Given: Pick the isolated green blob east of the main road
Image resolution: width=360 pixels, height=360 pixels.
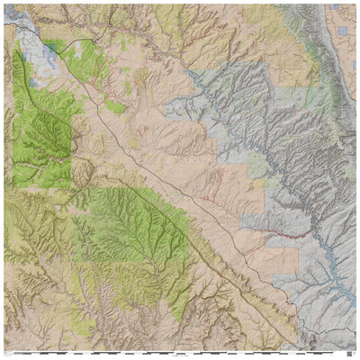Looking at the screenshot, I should pyautogui.click(x=114, y=107).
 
